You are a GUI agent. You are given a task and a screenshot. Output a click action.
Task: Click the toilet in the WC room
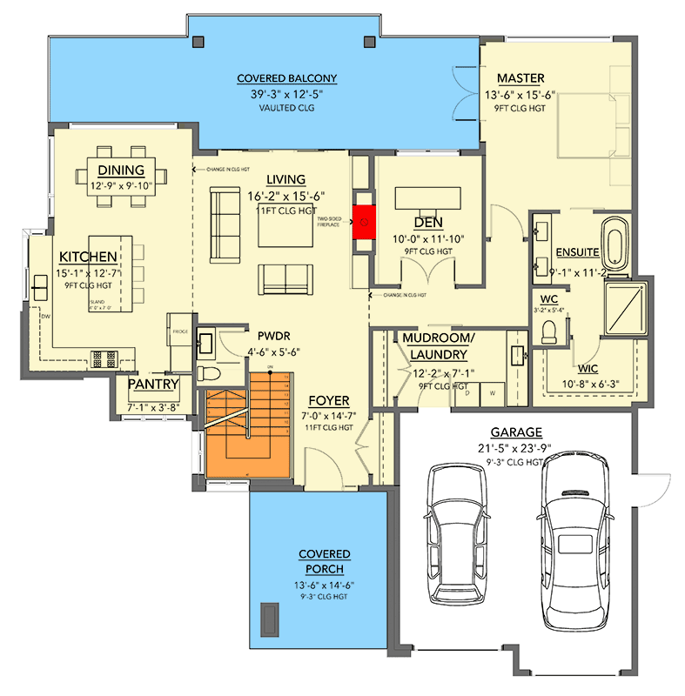[548, 331]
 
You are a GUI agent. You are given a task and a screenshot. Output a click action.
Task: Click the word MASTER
[521, 78]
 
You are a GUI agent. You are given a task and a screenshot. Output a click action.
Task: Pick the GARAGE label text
[515, 432]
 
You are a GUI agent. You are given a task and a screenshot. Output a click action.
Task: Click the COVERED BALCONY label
[287, 78]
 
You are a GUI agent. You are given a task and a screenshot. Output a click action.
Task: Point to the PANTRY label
[153, 384]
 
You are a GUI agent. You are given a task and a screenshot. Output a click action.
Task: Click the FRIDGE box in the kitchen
[179, 331]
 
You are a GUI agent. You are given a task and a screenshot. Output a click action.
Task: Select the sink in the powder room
[207, 342]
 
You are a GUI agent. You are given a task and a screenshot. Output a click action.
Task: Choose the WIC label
[586, 368]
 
